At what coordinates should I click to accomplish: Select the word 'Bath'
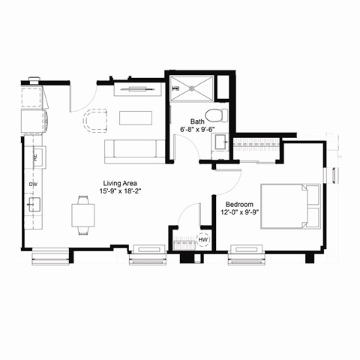click(x=197, y=121)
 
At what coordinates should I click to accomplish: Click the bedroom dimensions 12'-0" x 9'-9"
click(x=240, y=211)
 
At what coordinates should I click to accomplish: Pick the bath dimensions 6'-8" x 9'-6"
click(x=197, y=129)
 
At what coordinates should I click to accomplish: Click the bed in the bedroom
click(x=289, y=206)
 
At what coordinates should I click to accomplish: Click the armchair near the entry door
click(x=96, y=120)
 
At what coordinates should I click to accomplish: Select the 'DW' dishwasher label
click(x=33, y=184)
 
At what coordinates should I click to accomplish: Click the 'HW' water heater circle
click(x=202, y=241)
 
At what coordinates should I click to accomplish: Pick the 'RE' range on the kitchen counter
click(x=34, y=157)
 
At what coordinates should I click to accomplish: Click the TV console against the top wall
click(x=137, y=90)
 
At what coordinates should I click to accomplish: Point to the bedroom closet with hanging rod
click(x=255, y=149)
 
